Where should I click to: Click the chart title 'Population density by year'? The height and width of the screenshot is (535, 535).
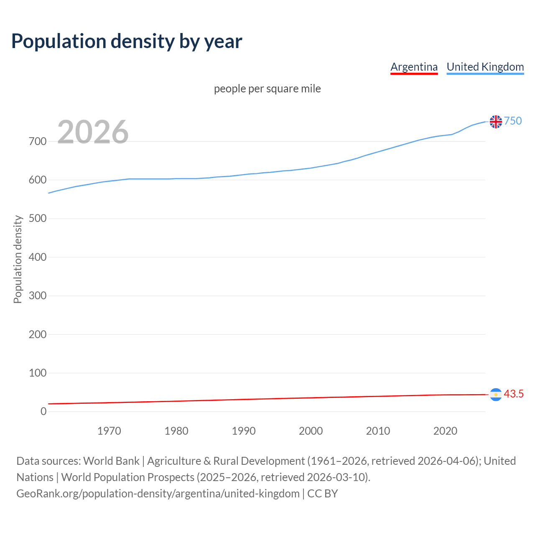pos(127,41)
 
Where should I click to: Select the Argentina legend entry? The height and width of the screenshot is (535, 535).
pos(414,67)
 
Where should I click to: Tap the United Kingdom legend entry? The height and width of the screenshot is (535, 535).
pos(485,67)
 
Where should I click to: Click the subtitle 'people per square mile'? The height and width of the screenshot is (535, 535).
pos(267,89)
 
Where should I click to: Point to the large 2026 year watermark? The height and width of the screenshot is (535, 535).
pos(93,132)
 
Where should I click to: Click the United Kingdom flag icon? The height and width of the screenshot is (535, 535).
pos(496,122)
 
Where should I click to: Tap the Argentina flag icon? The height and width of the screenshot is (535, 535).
pos(496,395)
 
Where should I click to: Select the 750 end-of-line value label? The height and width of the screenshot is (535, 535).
pos(513,121)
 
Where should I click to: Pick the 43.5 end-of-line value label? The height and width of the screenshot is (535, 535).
pos(514,394)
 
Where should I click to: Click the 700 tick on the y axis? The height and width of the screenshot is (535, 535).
pos(38,141)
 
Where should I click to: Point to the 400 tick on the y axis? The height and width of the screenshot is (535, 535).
pos(38,257)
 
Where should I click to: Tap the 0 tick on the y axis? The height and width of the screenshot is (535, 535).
pos(43,411)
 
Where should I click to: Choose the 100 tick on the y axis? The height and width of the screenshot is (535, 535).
pos(38,373)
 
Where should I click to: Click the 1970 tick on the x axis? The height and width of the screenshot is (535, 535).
pos(109,431)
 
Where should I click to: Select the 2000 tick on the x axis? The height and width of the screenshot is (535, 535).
pos(311,431)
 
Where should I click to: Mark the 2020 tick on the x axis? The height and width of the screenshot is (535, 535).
pos(445,431)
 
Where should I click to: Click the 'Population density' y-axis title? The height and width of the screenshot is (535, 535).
pos(18,259)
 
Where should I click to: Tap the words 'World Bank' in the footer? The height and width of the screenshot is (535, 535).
pos(111,461)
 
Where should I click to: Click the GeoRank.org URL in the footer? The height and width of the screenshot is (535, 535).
pos(158,493)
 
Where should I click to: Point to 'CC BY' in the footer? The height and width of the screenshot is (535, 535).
pos(322,493)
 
